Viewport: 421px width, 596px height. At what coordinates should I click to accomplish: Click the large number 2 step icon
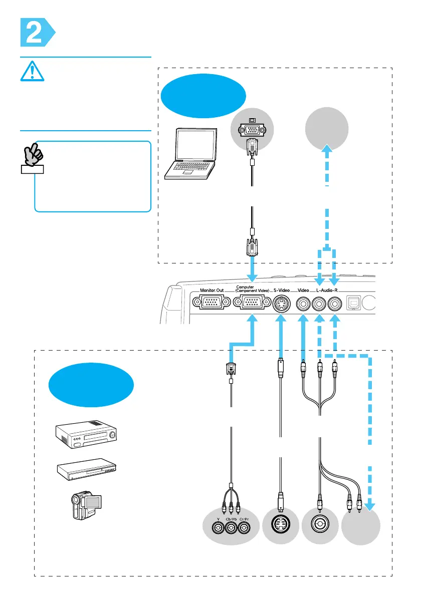click(34, 32)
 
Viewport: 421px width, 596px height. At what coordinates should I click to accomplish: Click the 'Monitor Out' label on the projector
click(214, 290)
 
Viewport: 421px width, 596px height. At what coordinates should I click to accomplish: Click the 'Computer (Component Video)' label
click(252, 290)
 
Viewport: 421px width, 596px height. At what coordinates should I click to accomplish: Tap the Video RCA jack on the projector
click(303, 304)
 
